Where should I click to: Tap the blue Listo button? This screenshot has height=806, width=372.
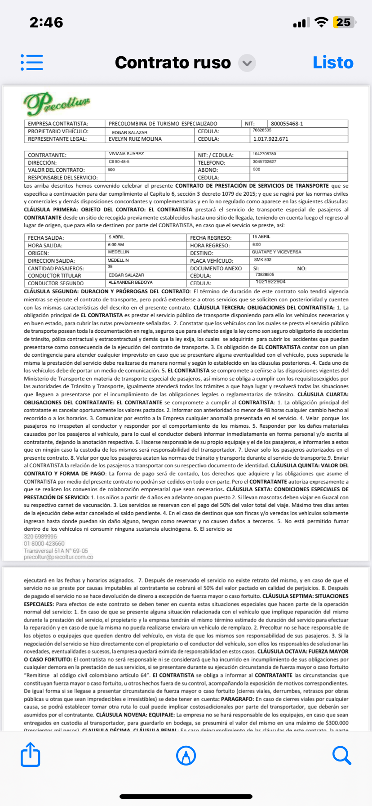333,63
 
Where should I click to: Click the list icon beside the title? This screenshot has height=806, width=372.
32,63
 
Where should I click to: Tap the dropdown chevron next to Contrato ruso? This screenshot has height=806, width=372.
247,63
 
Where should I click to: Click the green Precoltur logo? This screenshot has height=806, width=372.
57,103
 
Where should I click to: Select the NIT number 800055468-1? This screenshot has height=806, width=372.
287,124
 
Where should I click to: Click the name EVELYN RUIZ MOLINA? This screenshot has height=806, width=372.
135,139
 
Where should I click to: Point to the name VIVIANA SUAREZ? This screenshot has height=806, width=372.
126,154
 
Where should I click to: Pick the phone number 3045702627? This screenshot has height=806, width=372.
264,161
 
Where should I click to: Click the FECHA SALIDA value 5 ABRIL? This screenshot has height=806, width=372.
117,237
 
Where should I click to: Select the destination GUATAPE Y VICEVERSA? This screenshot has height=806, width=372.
276,252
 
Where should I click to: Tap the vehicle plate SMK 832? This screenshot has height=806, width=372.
263,260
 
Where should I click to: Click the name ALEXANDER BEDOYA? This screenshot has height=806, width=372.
130,282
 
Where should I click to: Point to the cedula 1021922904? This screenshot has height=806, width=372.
270,282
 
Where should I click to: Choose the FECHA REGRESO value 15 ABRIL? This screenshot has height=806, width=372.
261,237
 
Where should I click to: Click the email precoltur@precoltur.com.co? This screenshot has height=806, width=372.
58,557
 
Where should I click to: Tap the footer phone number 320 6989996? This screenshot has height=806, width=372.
40,537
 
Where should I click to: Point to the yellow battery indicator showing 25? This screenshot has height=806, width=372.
344,22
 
